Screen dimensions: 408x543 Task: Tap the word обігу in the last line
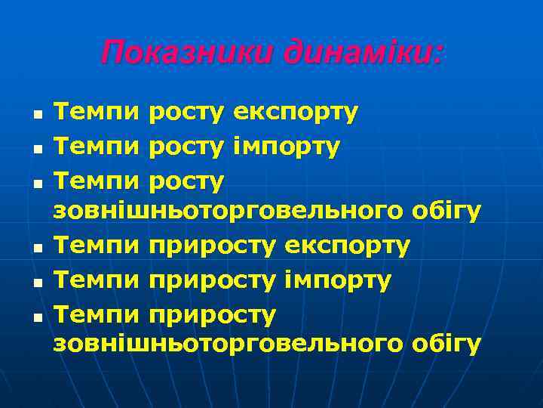click(x=446, y=345)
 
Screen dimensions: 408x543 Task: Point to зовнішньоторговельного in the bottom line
click(x=226, y=345)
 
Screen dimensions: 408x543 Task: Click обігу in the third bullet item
click(x=446, y=213)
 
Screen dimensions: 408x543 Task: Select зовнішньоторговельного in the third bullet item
click(x=226, y=213)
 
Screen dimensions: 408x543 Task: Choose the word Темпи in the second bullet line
click(x=97, y=147)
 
